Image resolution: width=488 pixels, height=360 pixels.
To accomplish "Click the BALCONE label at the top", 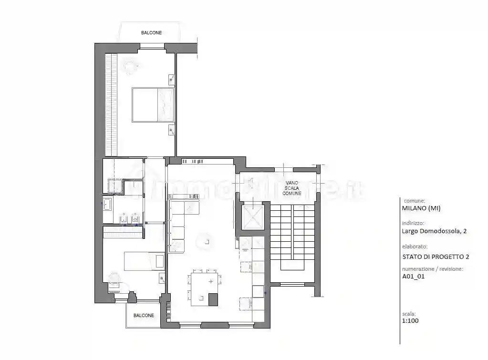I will click(x=151, y=33).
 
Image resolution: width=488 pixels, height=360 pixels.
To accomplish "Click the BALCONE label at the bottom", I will click(x=144, y=316).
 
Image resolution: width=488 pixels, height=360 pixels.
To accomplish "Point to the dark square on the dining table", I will click(x=213, y=299).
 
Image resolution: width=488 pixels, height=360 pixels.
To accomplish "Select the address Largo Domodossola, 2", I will click(x=434, y=231).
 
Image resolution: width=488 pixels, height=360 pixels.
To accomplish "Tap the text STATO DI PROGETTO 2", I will click(x=436, y=257).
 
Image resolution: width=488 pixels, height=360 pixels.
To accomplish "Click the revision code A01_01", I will click(x=414, y=276).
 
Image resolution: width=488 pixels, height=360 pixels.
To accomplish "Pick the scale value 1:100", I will click(x=411, y=321).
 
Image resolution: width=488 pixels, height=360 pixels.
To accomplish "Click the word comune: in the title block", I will click(x=414, y=201).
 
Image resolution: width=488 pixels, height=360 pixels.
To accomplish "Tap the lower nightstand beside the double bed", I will click(x=171, y=130).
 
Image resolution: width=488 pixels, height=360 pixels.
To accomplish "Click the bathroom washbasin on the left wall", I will click(x=107, y=205).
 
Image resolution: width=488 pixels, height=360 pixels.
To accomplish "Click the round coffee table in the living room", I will click(x=206, y=241).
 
